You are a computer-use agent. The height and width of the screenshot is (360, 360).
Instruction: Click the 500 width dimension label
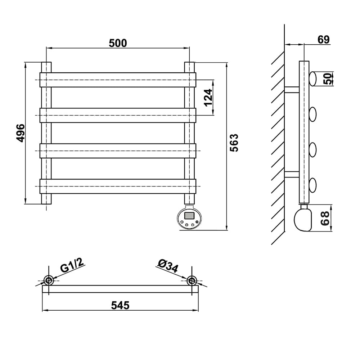tap(118, 43)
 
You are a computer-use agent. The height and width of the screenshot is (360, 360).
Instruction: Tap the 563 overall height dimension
tap(234, 143)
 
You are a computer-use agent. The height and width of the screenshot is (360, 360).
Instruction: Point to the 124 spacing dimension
tap(208, 98)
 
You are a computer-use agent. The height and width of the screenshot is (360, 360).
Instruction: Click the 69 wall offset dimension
tap(324, 40)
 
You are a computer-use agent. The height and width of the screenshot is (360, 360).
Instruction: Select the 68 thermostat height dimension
tap(325, 218)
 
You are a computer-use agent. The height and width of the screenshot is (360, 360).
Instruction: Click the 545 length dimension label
tap(120, 305)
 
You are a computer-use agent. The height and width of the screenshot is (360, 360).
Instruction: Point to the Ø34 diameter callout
tap(168, 266)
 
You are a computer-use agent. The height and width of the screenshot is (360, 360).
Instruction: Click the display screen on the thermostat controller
tap(189, 216)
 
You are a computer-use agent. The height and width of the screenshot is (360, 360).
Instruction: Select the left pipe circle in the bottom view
tap(49, 280)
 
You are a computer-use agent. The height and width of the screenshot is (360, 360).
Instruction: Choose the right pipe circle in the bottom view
tap(192, 280)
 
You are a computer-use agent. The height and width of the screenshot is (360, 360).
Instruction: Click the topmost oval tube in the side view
tap(312, 79)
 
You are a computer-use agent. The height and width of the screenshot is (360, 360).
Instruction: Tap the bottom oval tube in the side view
tap(312, 185)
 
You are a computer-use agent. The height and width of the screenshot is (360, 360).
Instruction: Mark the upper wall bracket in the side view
tap(292, 90)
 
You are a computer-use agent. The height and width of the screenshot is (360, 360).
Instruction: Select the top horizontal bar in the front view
tap(118, 80)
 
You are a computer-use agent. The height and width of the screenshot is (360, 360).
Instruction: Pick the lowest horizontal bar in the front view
tap(118, 186)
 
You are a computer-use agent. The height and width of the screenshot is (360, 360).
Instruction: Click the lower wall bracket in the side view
tap(292, 175)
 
